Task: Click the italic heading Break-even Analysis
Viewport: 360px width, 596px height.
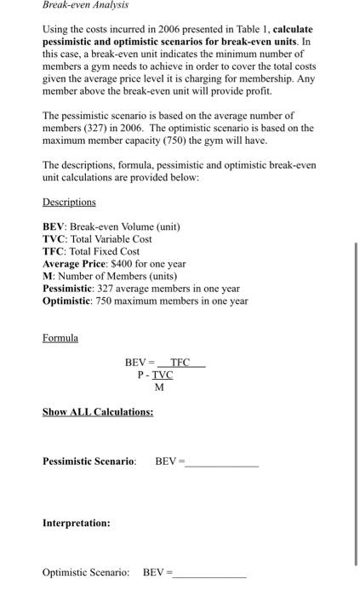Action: (85, 5)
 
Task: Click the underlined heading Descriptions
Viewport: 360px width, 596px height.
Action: (69, 202)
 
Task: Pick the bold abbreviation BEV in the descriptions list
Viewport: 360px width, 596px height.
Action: (54, 227)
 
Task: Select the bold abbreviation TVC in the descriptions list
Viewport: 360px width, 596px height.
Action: (54, 239)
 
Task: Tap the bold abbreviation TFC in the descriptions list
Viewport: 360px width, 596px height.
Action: (54, 251)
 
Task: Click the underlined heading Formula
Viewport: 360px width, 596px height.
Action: (60, 338)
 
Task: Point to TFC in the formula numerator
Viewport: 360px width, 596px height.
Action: (180, 362)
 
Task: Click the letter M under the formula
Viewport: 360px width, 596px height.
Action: (159, 387)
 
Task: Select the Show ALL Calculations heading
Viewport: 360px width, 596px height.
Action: (98, 412)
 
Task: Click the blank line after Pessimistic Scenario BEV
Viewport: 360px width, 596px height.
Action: (221, 464)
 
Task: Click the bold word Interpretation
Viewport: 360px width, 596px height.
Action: (76, 523)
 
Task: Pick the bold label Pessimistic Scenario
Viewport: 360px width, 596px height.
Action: (89, 461)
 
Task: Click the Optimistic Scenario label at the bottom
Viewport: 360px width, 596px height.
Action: (86, 572)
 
